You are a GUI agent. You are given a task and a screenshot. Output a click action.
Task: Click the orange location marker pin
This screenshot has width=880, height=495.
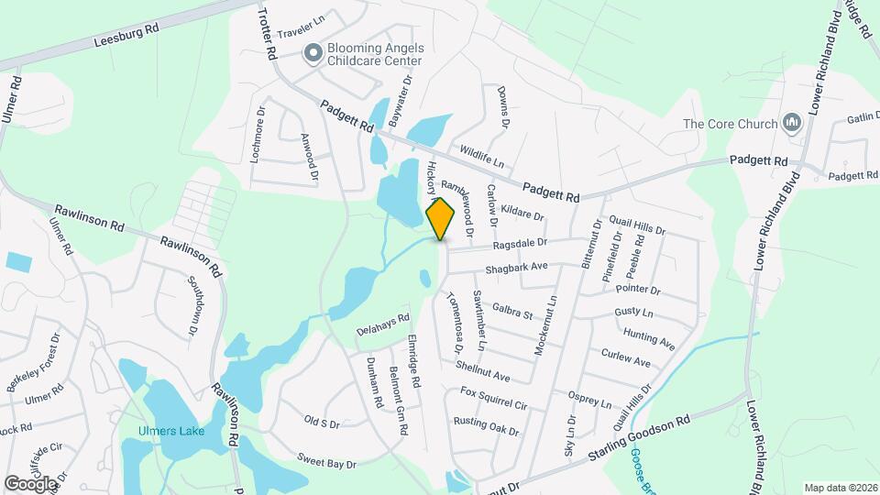(x=441, y=218)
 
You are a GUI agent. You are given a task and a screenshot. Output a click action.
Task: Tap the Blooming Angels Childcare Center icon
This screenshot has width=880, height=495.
(x=313, y=53)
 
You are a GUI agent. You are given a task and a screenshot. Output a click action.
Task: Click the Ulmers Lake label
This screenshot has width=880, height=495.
(x=171, y=432)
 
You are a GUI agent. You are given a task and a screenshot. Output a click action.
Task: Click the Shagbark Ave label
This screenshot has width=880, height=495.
(x=517, y=267)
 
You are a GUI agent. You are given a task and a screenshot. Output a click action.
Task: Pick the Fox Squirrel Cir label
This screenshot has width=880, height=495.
(x=494, y=400)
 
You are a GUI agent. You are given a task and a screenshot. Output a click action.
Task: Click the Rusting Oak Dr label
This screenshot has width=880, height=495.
(x=486, y=426)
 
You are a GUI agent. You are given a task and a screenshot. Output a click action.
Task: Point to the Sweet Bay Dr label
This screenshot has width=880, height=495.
(x=325, y=460)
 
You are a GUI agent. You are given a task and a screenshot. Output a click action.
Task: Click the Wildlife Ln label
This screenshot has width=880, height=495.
(x=482, y=155)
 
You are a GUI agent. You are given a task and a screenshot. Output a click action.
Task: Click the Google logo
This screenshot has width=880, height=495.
(x=31, y=483)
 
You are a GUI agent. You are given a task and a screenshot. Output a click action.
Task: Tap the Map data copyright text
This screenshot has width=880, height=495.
(x=840, y=487)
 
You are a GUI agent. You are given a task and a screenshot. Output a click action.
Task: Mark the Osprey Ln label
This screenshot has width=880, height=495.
(x=589, y=399)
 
